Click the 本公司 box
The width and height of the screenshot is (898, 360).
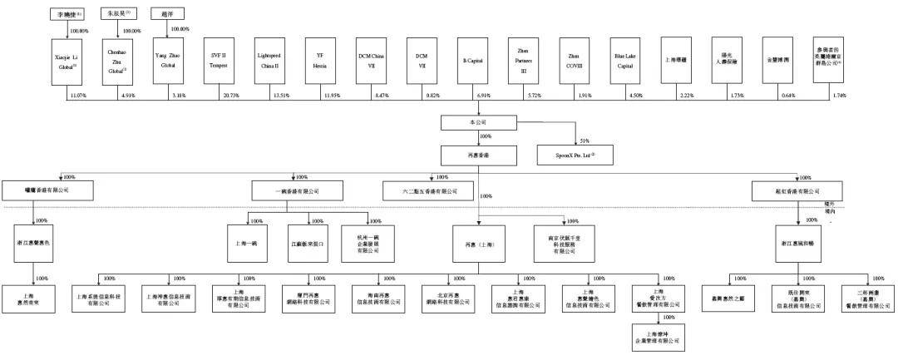pos(478,122)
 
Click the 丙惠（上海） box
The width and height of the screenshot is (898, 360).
pos(478,244)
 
